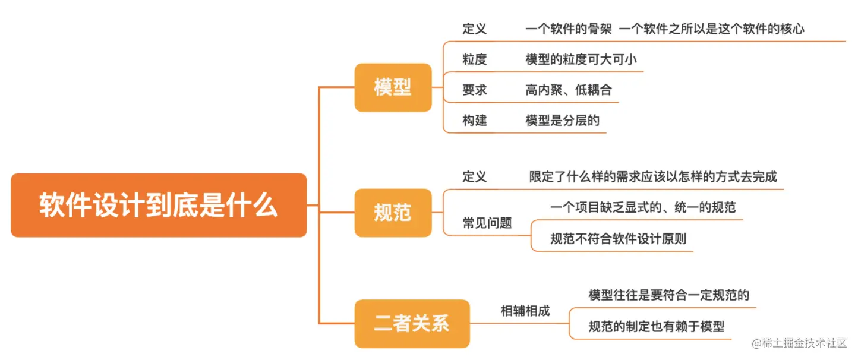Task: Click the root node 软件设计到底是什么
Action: point(159,206)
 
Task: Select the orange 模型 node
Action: point(393,88)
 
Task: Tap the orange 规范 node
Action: point(393,213)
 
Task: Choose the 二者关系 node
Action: point(412,324)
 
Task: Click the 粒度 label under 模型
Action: point(475,59)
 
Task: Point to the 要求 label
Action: point(475,90)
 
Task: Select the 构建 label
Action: point(475,121)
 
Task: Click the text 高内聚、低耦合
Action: point(569,90)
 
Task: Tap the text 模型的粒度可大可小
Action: point(581,59)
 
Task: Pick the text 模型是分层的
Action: point(563,121)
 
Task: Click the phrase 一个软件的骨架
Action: point(569,29)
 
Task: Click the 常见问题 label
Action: point(487,223)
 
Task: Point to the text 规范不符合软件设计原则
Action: point(619,239)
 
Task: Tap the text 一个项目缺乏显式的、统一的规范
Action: point(643,207)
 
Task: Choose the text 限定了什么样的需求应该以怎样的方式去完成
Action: point(653,176)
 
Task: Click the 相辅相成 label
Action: point(525,311)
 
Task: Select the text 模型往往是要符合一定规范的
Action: point(669,295)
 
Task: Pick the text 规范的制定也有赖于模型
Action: point(657,326)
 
